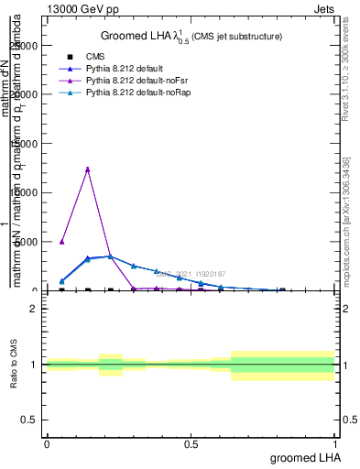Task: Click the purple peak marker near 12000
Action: tap(87, 169)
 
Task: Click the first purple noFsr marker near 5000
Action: tap(61, 242)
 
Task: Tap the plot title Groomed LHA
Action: tap(191, 37)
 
